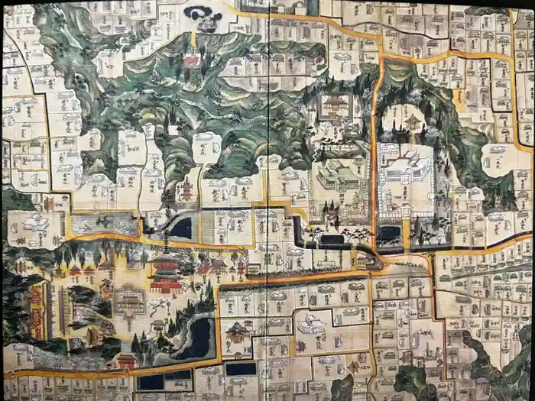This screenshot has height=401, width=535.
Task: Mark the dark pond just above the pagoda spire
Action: click(180, 227)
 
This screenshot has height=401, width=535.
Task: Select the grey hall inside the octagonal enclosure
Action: click(130, 299)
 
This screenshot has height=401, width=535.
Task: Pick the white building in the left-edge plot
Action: click(35, 222)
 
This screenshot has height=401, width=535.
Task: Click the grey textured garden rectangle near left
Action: click(105, 224)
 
